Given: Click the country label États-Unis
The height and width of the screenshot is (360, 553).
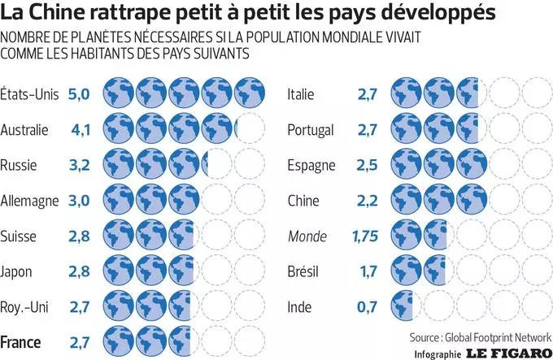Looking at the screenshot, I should click(x=29, y=94).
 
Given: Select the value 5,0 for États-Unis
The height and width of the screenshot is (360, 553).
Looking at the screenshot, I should click(x=79, y=94).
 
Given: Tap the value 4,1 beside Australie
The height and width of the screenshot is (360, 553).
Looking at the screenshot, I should click(x=79, y=129).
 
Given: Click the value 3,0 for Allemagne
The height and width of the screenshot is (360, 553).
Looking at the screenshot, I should click(x=79, y=200).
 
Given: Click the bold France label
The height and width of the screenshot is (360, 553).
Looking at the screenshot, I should click(x=22, y=341).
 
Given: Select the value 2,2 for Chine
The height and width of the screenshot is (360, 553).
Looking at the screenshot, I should click(x=366, y=201).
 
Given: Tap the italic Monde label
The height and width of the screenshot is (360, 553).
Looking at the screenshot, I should click(x=307, y=236).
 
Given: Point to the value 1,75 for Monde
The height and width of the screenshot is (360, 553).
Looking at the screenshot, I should click(x=363, y=236).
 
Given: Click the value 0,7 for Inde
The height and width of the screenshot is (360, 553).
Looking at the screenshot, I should click(x=367, y=307).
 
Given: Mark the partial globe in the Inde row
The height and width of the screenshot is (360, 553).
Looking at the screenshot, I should click(x=400, y=307).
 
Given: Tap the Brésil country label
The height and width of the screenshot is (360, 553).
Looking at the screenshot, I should click(x=304, y=271).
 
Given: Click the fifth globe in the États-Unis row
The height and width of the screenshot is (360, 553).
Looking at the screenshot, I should click(x=249, y=94).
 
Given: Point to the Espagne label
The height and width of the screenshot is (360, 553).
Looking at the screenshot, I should click(x=311, y=165).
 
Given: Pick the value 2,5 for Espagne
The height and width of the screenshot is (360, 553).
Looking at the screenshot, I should click(x=366, y=165).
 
